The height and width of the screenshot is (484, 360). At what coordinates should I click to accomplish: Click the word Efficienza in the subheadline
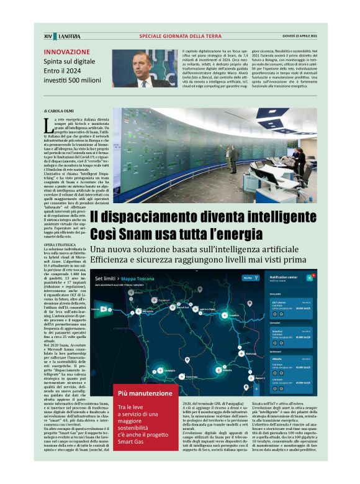pyautogui.click(x=112, y=260)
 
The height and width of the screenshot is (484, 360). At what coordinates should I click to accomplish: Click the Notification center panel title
pyautogui.click(x=284, y=276)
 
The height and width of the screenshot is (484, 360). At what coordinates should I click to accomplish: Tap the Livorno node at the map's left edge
pyautogui.click(x=95, y=308)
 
